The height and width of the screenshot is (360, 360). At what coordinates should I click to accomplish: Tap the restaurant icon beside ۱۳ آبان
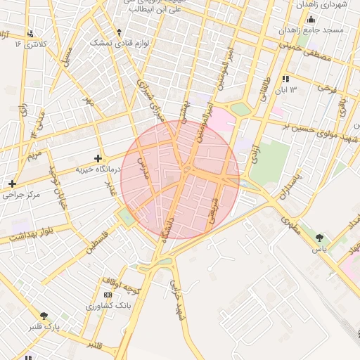pyautogui.click(x=285, y=79)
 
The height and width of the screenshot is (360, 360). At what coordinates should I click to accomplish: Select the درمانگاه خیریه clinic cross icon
pyautogui.click(x=98, y=158)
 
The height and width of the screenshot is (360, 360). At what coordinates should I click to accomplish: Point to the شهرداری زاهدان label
pyautogui.click(x=323, y=5)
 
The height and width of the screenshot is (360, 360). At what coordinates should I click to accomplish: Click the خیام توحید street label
pyautogui.click(x=60, y=185)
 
